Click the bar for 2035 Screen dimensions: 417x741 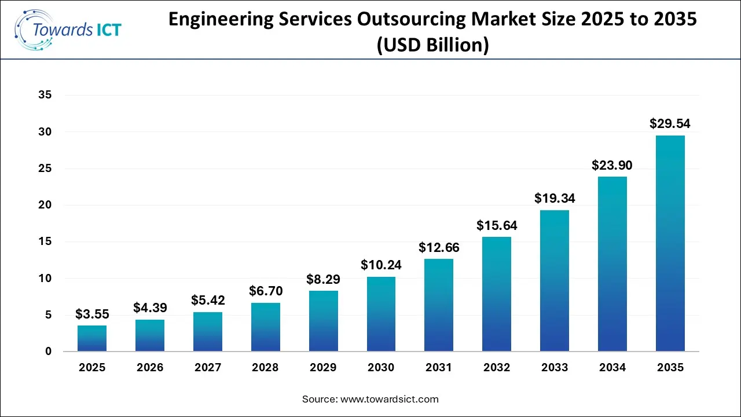click(670, 243)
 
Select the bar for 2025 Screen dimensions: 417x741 click(92, 338)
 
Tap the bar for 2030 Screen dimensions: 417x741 click(381, 314)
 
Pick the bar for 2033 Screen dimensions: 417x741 click(555, 281)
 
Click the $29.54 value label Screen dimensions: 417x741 click(670, 123)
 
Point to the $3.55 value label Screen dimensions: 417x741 click(92, 314)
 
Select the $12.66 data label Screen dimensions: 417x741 click(439, 247)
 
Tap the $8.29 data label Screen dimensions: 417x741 click(323, 279)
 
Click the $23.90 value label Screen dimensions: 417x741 click(612, 165)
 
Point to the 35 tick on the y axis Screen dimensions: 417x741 click(45, 96)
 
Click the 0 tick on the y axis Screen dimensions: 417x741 click(49, 352)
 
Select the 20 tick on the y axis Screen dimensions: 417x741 click(45, 205)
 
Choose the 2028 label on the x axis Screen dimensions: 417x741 click(265, 368)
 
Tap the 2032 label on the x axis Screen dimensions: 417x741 click(497, 368)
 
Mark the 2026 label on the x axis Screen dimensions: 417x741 click(150, 368)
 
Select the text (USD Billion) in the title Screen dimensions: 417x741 click(432, 44)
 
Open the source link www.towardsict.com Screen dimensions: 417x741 click(390, 399)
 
